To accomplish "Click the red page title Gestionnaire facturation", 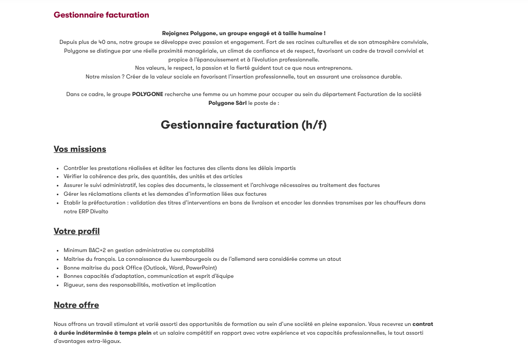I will tap(101, 15).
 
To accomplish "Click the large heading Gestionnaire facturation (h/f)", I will tap(243, 125).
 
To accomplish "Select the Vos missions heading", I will tap(80, 149).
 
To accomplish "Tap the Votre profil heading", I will tap(76, 231).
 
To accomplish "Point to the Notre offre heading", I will tap(76, 305).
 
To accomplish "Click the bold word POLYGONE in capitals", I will tap(148, 95).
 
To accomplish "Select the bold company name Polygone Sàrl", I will tap(227, 103).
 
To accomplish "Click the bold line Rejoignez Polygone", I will tap(243, 34).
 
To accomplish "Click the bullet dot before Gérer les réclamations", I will tap(57, 194).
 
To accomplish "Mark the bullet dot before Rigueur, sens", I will tap(57, 285).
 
